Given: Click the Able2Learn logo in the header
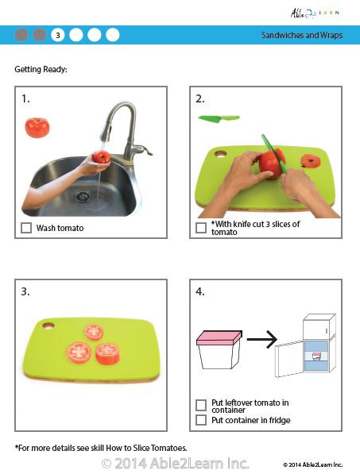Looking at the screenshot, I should tap(318, 12).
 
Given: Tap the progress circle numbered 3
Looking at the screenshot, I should tap(57, 35).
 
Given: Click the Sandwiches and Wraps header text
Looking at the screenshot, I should tap(302, 35).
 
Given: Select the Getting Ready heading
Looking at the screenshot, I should tap(41, 69).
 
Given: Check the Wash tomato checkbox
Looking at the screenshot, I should tap(27, 228).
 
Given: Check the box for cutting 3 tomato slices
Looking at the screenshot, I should tap(201, 228).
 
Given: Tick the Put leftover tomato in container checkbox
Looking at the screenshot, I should tap(201, 404).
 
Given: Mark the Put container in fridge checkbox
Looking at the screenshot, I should tap(201, 419).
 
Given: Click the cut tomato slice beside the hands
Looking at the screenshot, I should tap(312, 161).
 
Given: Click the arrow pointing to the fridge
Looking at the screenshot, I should tap(261, 341).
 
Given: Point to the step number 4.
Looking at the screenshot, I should tap(200, 291).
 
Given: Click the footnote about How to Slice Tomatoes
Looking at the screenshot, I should tap(101, 448).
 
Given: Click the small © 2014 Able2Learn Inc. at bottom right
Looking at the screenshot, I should tap(312, 464).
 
